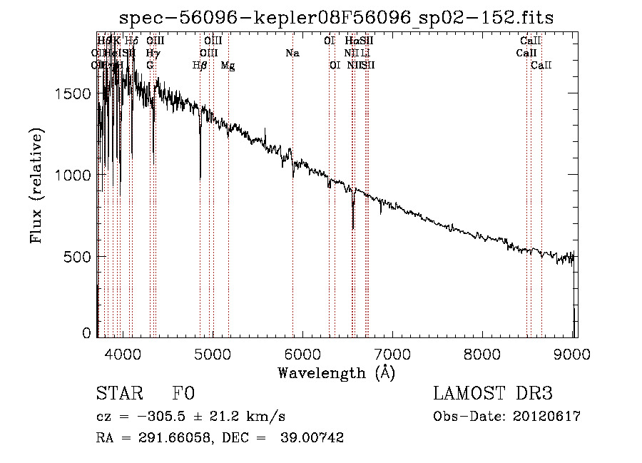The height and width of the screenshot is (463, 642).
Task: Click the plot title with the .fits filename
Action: [x=336, y=17]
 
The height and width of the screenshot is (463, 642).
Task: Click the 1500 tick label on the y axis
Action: [x=74, y=93]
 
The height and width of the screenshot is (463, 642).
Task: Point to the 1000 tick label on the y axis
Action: [x=74, y=175]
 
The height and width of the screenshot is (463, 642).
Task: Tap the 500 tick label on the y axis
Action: [x=78, y=256]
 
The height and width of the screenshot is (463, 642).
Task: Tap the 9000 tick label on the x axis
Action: [x=574, y=352]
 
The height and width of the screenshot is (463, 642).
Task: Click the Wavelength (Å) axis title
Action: [x=336, y=372]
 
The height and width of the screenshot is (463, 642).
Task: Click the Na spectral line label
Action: [x=292, y=53]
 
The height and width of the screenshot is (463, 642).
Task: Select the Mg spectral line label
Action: [x=228, y=66]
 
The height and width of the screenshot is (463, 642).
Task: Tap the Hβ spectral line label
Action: [x=200, y=66]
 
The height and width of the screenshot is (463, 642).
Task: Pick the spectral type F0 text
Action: [x=183, y=395]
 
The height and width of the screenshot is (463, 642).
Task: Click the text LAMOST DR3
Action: [x=492, y=395]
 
